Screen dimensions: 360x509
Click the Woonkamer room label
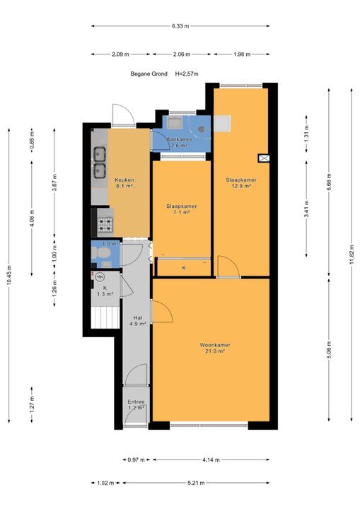pyautogui.click(x=215, y=345)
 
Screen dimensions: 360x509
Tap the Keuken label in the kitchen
pyautogui.click(x=124, y=180)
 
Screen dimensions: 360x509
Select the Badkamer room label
pyautogui.click(x=180, y=139)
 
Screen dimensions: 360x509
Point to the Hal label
pyautogui.click(x=138, y=318)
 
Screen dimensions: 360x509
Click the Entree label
pyautogui.click(x=136, y=402)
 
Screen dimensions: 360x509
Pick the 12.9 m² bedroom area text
pyautogui.click(x=241, y=186)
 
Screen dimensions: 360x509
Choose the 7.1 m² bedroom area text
pyautogui.click(x=181, y=212)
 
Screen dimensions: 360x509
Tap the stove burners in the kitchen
pyautogui.click(x=105, y=225)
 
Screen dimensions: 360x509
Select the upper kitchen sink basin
pyautogui.click(x=100, y=154)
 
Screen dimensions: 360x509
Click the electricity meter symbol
pyautogui.click(x=100, y=276)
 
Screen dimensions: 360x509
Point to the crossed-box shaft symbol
pyautogui.click(x=264, y=158)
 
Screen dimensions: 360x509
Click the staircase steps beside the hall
pyautogui.click(x=105, y=317)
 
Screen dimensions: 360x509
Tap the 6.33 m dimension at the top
pyautogui.click(x=180, y=26)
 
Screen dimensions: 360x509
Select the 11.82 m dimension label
pyautogui.click(x=352, y=255)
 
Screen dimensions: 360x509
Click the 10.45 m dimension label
pyautogui.click(x=9, y=275)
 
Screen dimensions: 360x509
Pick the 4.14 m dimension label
pyautogui.click(x=211, y=460)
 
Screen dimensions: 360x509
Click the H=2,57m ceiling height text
pyautogui.click(x=187, y=74)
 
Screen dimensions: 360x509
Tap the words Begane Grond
pyautogui.click(x=149, y=74)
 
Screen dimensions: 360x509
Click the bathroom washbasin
pyautogui.click(x=175, y=123)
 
